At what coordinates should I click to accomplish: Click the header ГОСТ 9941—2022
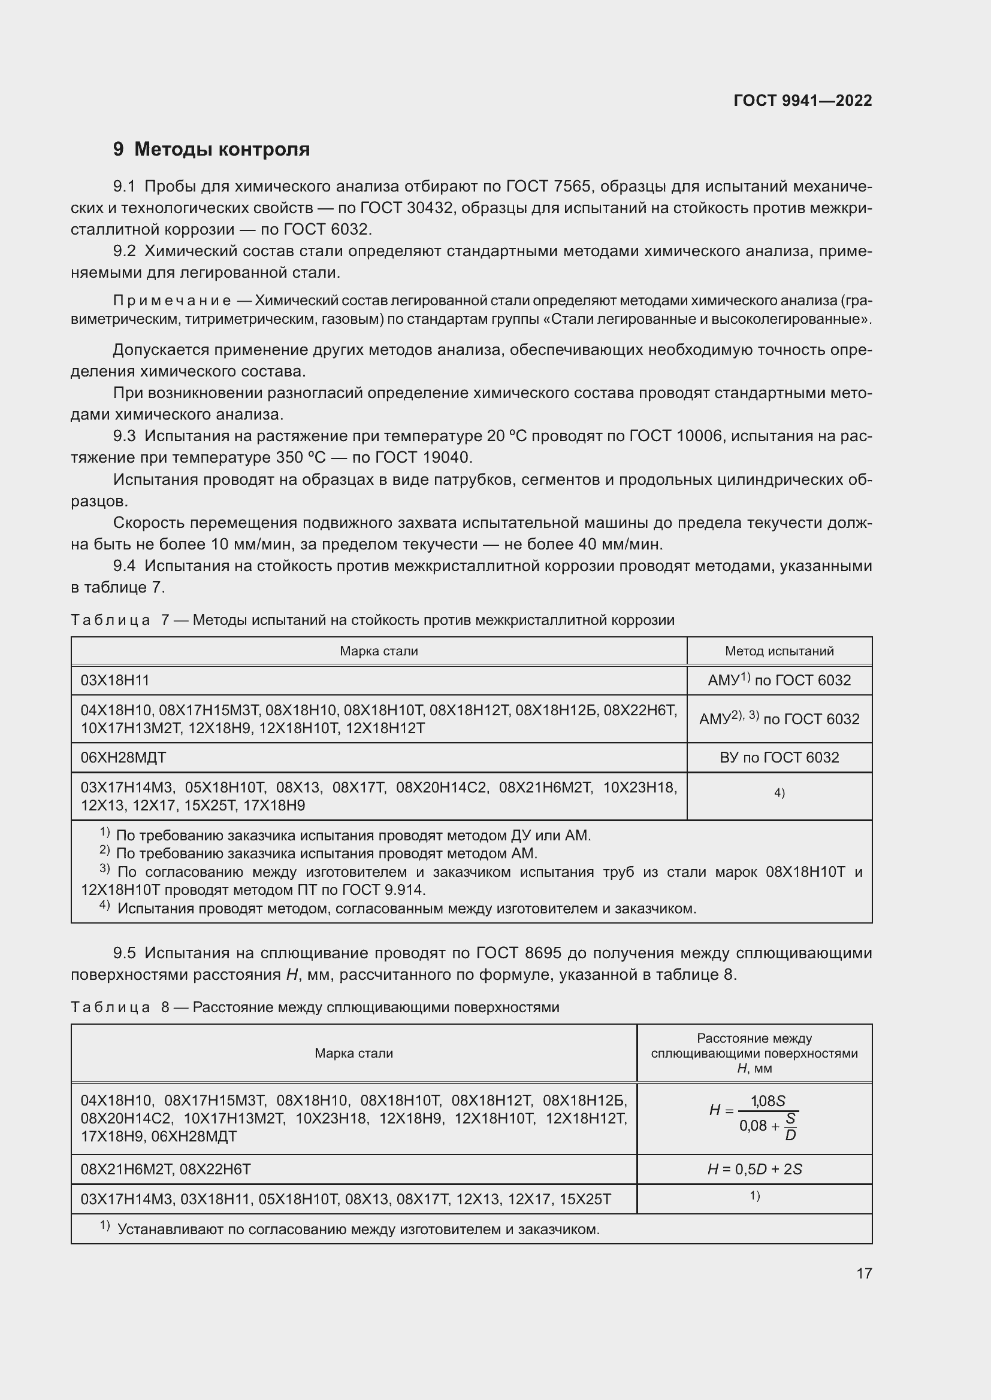[802, 101]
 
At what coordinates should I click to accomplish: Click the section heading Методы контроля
[222, 150]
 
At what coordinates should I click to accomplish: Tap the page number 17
[864, 1273]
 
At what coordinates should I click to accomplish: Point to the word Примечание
[171, 300]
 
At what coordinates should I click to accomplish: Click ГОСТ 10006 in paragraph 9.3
[675, 436]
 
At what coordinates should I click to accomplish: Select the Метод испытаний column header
[779, 651]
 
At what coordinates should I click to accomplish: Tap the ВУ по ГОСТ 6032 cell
[779, 757]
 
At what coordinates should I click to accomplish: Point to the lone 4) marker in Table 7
[779, 792]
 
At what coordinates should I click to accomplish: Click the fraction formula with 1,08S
[754, 1117]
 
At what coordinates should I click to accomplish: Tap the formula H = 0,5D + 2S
[754, 1169]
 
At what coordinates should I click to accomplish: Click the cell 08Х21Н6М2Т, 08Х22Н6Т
[166, 1169]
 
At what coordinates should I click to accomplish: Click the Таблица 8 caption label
[110, 1007]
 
